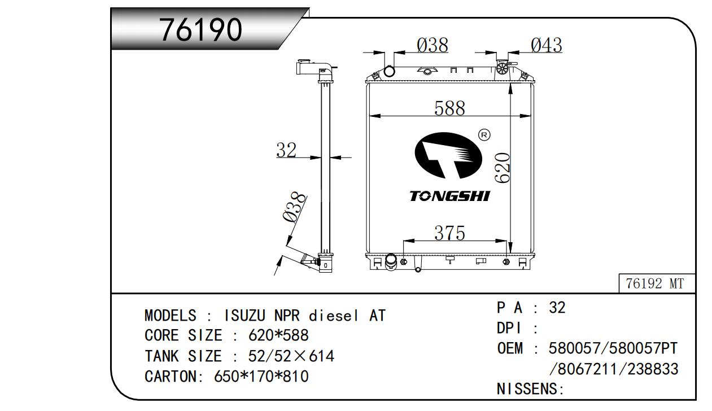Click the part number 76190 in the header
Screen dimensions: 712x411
200,29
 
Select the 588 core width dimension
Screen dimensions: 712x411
449,108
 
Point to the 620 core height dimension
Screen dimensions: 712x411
503,168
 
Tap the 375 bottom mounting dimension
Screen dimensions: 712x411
449,233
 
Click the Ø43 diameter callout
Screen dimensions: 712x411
546,45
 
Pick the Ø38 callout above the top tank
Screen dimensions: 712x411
433,45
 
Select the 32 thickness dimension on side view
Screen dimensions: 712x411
286,150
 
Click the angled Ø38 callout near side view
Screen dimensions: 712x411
294,207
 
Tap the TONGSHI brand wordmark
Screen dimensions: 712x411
449,196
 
